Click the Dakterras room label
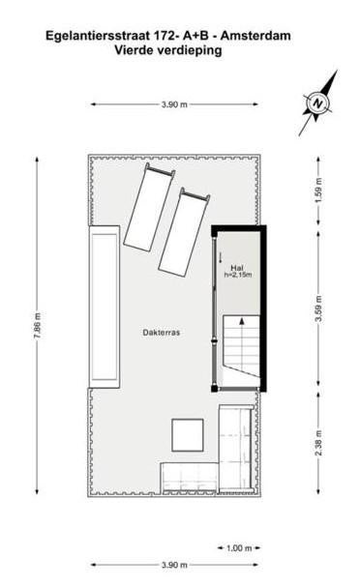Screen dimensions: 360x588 pos(161,333)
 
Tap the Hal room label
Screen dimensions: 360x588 pos(237,268)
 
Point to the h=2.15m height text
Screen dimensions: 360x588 pos(238,275)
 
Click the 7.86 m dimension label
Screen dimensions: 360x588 pos(38,326)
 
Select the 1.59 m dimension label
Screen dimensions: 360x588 pos(319,191)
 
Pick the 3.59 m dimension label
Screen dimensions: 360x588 pos(319,309)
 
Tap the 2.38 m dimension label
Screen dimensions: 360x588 pos(319,443)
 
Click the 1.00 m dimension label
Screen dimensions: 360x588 pos(239,548)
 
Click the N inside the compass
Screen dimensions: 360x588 pos(318,103)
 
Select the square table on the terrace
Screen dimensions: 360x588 pos(188,435)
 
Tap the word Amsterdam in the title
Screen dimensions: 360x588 pos(255,36)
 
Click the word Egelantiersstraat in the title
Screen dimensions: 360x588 pos(98,36)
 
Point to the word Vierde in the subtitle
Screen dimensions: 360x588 pos(134,50)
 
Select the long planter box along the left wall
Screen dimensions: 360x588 pos(105,307)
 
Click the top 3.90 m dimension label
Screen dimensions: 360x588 pos(174,104)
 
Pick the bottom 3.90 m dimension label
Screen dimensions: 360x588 pos(174,565)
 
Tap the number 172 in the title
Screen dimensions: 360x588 pos(164,36)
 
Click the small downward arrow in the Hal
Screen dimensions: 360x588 pos(221,257)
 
